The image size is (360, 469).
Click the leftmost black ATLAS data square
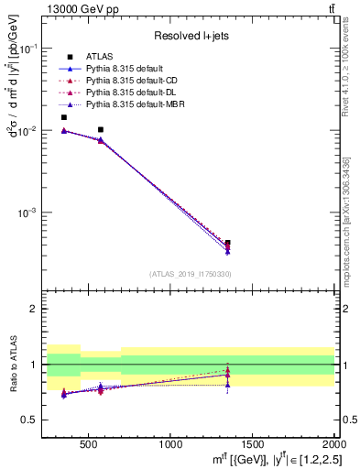63,117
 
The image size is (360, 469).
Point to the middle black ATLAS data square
100,130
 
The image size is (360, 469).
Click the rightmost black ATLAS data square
227,244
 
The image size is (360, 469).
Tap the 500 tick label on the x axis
88,444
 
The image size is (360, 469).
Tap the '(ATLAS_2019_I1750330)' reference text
190,274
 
